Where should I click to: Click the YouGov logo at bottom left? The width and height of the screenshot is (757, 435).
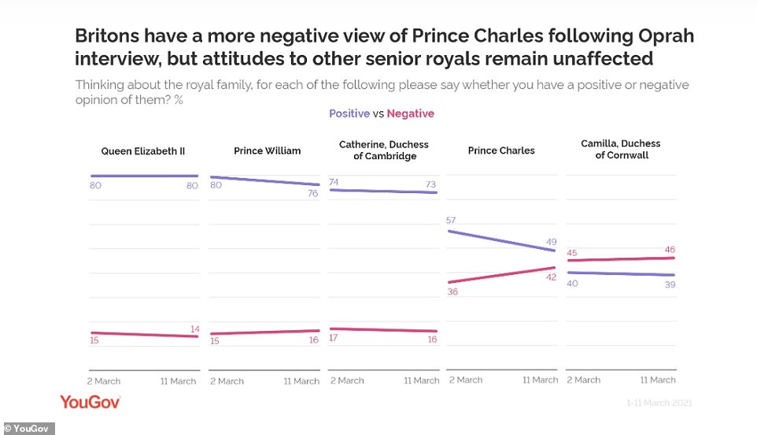pyautogui.click(x=90, y=403)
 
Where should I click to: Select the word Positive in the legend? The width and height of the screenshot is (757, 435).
pyautogui.click(x=349, y=113)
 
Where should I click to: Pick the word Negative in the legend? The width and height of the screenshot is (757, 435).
pyautogui.click(x=410, y=113)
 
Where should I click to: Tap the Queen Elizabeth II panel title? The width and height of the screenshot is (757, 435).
pyautogui.click(x=143, y=151)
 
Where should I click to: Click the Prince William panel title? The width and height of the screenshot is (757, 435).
pyautogui.click(x=267, y=151)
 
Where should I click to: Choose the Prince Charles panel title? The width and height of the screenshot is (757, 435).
pyautogui.click(x=501, y=151)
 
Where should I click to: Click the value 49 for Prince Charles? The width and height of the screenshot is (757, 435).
pyautogui.click(x=550, y=240)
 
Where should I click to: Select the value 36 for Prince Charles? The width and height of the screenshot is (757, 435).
pyautogui.click(x=452, y=292)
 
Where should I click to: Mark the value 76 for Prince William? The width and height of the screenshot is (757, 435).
pyautogui.click(x=312, y=193)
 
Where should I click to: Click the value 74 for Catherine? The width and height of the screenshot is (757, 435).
pyautogui.click(x=334, y=182)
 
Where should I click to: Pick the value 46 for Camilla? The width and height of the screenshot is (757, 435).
pyautogui.click(x=669, y=249)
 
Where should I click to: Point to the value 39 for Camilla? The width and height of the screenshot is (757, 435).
pyautogui.click(x=669, y=284)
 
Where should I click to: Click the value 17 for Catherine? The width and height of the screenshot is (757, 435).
pyautogui.click(x=334, y=338)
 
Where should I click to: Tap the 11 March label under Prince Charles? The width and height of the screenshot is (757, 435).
pyautogui.click(x=541, y=380)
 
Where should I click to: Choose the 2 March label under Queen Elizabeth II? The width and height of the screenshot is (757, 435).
pyautogui.click(x=104, y=381)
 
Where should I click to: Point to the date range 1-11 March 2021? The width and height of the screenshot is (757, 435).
pyautogui.click(x=659, y=403)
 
